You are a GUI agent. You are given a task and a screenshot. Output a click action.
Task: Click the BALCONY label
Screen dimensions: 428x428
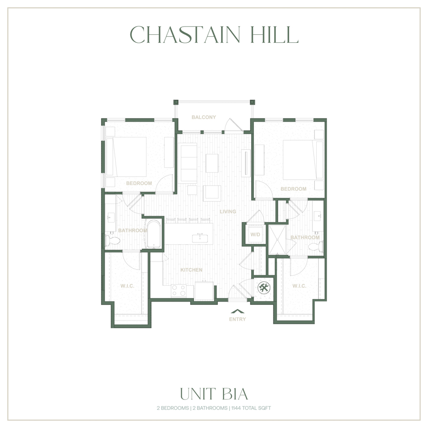204,117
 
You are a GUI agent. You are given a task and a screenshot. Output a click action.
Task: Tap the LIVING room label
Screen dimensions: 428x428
228,212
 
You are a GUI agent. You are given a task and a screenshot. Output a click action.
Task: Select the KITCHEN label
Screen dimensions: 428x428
191,270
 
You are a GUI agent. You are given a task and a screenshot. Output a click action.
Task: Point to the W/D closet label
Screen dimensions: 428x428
255,234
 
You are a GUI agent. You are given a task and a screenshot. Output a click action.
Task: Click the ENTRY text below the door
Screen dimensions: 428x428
237,319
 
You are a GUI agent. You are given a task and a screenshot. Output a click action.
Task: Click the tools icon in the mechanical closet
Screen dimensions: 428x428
263,288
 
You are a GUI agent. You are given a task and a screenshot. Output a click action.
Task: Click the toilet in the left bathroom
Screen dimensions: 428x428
112,241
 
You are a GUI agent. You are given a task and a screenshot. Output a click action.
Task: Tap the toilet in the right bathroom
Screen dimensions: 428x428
316,247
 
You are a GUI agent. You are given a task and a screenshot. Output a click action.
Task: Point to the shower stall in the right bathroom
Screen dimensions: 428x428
277,240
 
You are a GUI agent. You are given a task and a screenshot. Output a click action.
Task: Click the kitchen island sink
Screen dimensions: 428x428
200,238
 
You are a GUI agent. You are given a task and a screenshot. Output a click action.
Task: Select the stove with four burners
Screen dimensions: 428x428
179,291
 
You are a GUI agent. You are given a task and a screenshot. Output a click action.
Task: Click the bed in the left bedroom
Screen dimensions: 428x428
126,157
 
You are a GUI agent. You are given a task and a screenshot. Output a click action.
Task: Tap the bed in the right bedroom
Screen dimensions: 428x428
303,160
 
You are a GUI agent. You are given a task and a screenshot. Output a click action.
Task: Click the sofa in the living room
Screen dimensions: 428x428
189,163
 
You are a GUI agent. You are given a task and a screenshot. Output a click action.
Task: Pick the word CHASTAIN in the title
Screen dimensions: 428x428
185,35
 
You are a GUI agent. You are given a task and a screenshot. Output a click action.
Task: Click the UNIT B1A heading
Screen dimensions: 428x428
214,394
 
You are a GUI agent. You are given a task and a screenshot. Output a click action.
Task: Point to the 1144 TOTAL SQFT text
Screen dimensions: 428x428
251,408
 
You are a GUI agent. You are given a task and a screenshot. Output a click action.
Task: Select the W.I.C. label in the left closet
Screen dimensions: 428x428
127,286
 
